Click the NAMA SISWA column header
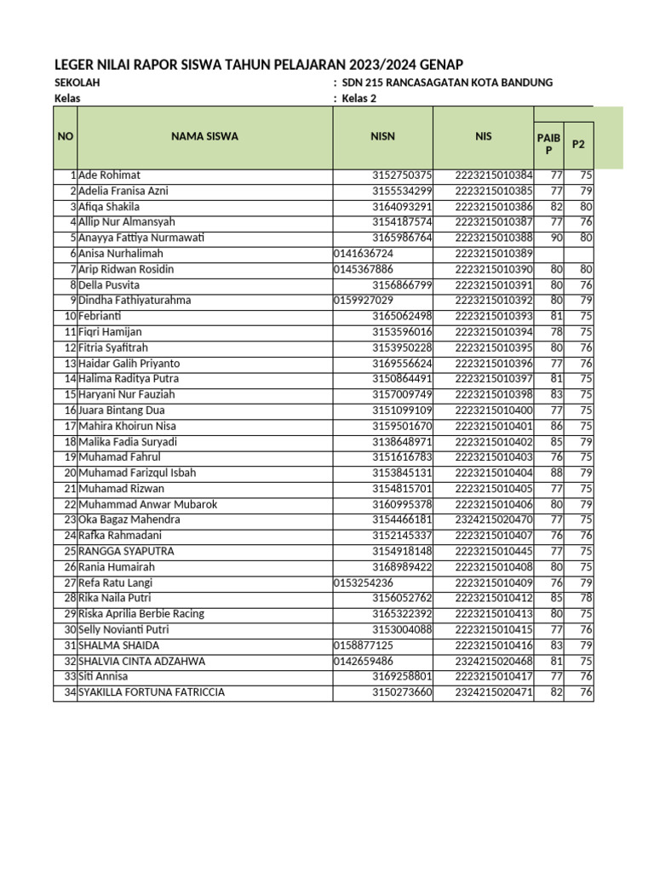coord(204,136)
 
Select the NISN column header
coord(382,136)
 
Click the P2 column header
coord(578,144)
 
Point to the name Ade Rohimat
coord(110,175)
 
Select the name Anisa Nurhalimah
coord(120,254)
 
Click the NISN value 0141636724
coord(364,254)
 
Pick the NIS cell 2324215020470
coord(494,519)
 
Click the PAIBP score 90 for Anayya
coord(554,238)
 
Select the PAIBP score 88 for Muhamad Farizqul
coord(554,473)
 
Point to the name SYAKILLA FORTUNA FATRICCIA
coord(152,692)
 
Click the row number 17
coord(71,426)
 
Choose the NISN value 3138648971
coord(403,442)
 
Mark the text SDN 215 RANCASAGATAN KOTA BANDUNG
coord(448,83)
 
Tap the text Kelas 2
coord(359,98)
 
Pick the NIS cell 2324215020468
coord(494,661)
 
